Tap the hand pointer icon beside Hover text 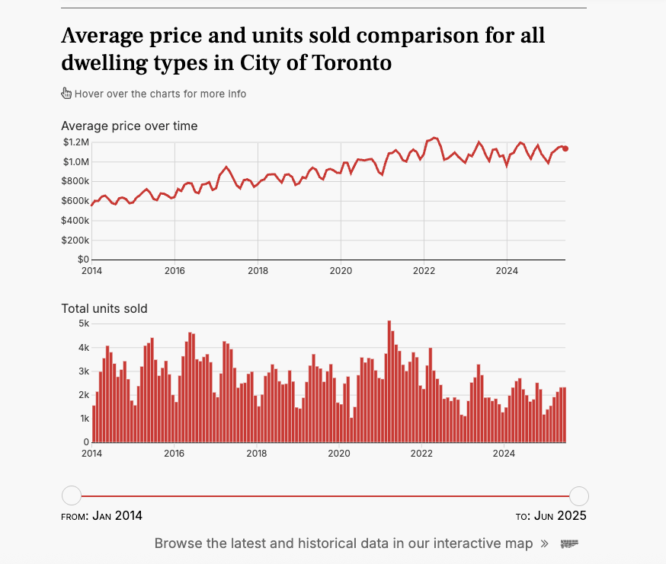[66, 94]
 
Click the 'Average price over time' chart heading [129, 126]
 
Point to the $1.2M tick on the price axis [75, 142]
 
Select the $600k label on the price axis [75, 201]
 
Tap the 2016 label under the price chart [175, 270]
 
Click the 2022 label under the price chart [424, 270]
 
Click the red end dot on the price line [565, 148]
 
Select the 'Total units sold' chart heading [104, 308]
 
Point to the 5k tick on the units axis [83, 323]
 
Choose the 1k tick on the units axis [83, 419]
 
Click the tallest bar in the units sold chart [389, 381]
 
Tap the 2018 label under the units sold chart [257, 453]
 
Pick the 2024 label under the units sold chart [506, 453]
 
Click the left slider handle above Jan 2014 [71, 496]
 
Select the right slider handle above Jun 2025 [579, 496]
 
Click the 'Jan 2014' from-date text [117, 516]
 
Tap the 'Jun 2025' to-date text [560, 516]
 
